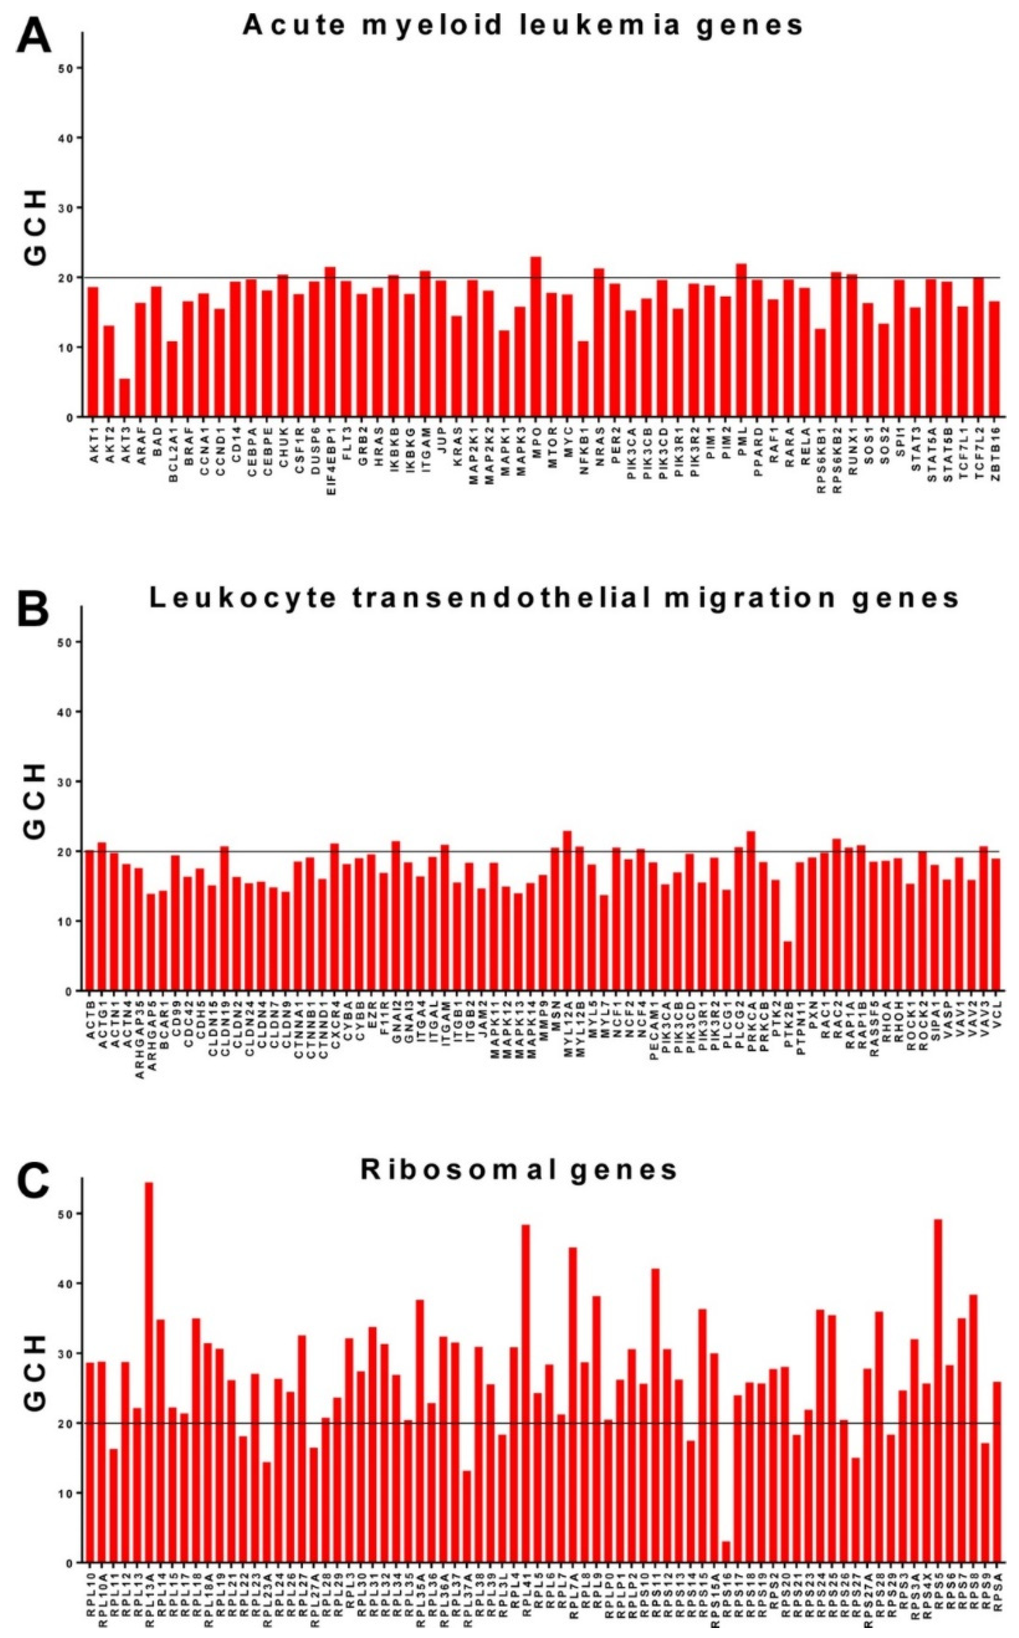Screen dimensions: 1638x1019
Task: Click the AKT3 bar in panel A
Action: click(x=125, y=398)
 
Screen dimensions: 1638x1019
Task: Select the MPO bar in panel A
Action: click(x=536, y=337)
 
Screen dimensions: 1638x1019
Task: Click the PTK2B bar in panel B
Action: click(x=787, y=966)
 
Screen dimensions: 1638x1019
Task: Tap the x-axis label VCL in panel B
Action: click(x=995, y=1011)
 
